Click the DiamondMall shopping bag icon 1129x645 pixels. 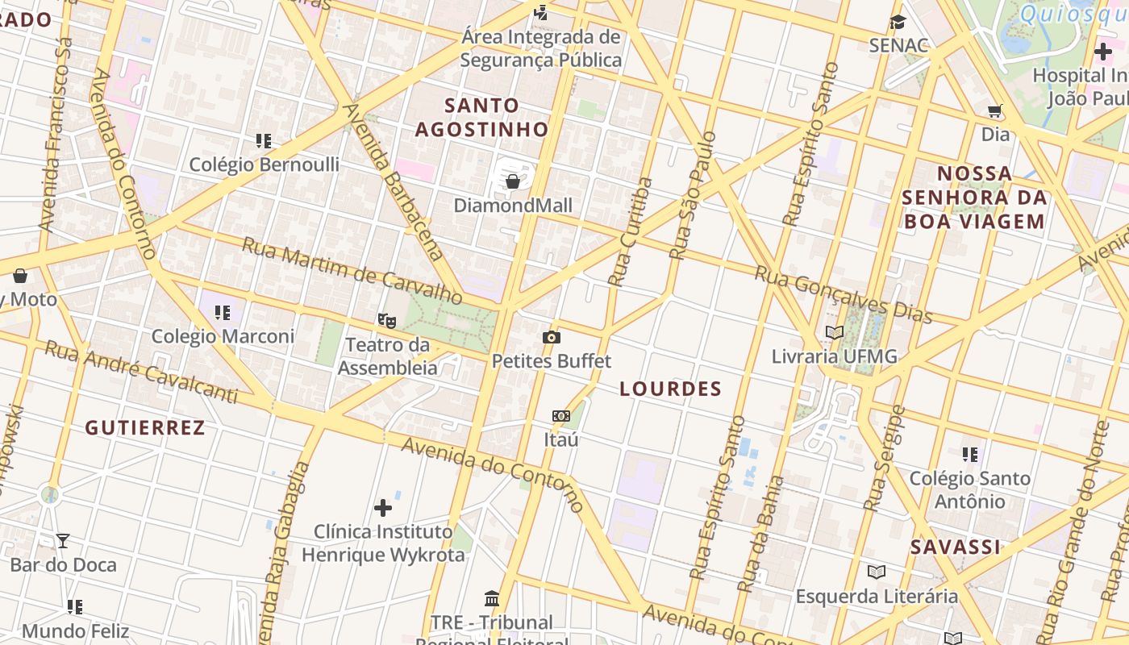point(512,181)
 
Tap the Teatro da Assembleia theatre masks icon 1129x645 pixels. point(387,321)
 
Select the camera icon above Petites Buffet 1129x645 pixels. point(552,337)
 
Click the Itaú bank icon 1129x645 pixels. point(561,416)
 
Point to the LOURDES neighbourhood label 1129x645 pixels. point(670,389)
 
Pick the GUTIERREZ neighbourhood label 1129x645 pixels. point(145,427)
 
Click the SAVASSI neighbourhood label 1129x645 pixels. point(955,547)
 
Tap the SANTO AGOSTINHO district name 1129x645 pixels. point(482,117)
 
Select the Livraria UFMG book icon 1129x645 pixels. point(835,332)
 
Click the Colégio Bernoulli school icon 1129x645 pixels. point(264,141)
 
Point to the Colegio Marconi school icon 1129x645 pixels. point(223,313)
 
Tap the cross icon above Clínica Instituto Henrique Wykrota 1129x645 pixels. point(383,508)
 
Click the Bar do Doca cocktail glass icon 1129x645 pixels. point(63,541)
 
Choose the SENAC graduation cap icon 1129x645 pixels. point(898,23)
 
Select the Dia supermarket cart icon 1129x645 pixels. point(995,111)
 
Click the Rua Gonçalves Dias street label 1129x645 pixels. point(843,294)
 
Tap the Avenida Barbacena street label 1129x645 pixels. point(393,181)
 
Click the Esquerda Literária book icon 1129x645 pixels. point(877,572)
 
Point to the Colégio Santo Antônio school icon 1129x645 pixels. point(970,455)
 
